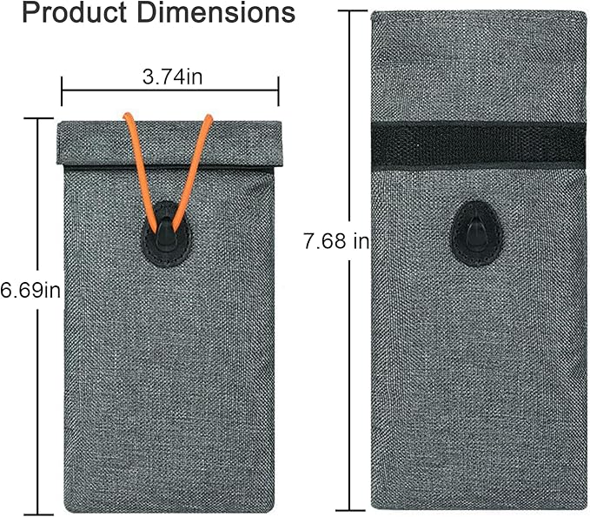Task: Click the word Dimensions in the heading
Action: pos(216,12)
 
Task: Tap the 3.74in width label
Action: pos(172,77)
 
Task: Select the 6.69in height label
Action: pos(30,291)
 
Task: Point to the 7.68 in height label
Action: pos(337,241)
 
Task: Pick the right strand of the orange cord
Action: pos(192,172)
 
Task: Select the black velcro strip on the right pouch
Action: pos(478,146)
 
